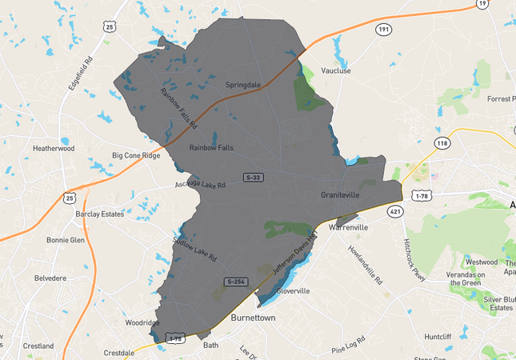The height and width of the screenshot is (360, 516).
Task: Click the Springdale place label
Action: pos(243,84)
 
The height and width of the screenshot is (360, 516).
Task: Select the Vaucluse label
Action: pos(335,70)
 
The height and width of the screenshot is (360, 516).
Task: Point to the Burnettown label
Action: pos(253,318)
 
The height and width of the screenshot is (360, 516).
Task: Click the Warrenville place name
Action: pos(347,227)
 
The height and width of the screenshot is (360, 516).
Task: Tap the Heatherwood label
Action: pos(53,148)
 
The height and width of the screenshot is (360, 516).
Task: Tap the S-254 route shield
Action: pos(236,282)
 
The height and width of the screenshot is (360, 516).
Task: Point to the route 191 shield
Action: pos(384,29)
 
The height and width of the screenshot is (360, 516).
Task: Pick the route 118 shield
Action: pos(442,142)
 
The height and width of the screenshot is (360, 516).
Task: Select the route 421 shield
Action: pos(394,211)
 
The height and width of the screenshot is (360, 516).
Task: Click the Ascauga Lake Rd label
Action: pos(201,185)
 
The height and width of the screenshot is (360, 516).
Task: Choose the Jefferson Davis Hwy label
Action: pos(295,254)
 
